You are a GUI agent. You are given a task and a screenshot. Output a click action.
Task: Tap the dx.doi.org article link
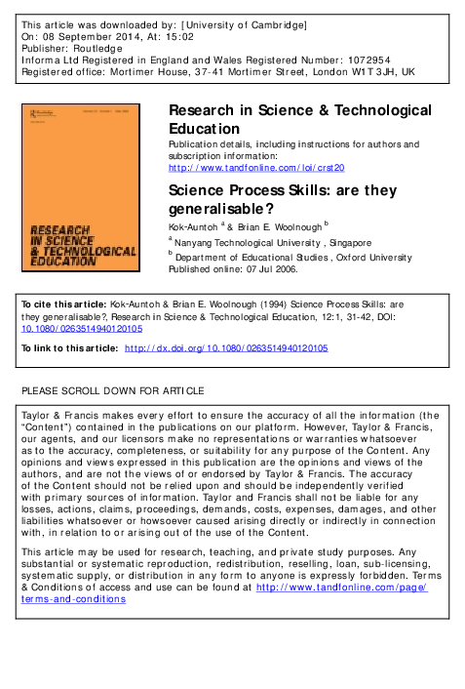pos(226,347)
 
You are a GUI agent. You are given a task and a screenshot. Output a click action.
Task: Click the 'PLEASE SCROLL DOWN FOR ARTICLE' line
pos(113,390)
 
